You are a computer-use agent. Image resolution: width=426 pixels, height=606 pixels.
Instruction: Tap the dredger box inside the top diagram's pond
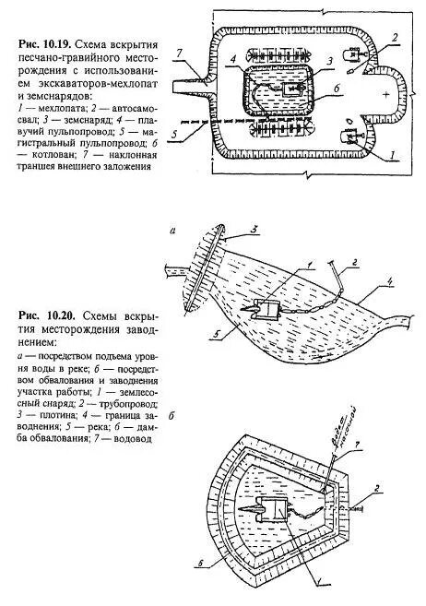(297, 89)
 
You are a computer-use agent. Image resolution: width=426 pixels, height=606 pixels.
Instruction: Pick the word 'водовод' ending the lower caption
(131, 437)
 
